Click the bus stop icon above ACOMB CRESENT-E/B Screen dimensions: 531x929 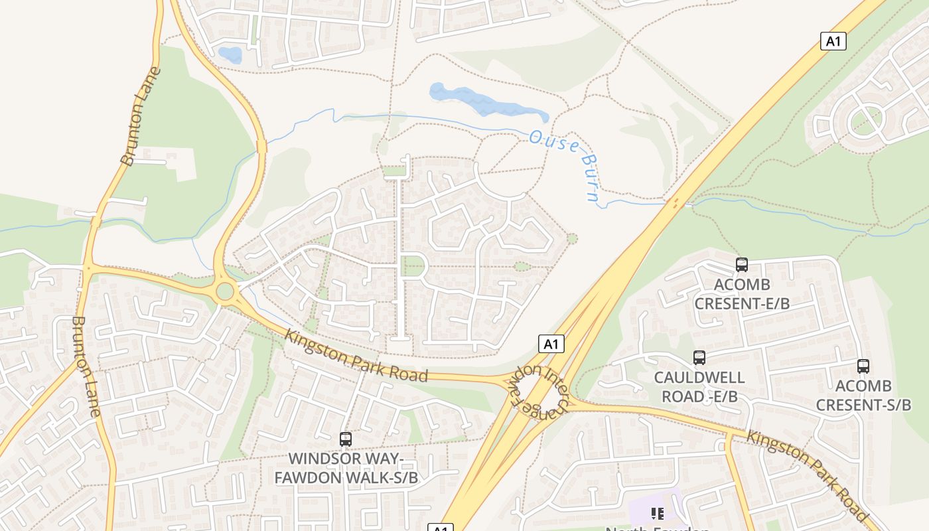[742, 265]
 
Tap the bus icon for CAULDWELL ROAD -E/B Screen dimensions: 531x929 [699, 358]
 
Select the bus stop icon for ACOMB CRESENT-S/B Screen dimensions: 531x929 [863, 366]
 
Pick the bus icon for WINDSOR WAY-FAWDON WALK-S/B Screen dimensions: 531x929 [346, 439]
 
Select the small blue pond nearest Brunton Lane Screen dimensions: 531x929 [230, 54]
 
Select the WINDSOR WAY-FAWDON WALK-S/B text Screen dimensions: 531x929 [346, 467]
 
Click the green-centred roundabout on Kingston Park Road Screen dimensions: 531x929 [226, 291]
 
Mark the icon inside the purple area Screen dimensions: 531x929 [658, 513]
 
